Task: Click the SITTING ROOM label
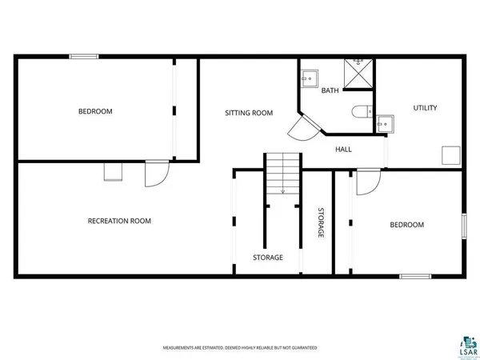coord(249,113)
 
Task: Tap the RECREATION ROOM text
coord(119,221)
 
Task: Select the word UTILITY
coord(425,108)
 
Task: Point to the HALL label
coord(343,150)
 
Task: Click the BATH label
coord(330,91)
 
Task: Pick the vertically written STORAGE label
coord(320,223)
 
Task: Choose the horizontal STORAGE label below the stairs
coord(268,258)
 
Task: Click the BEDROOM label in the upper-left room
coord(95,111)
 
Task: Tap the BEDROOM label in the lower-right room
coord(406,225)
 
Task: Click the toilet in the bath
coord(359,112)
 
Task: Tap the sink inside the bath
coord(309,78)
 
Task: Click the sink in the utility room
coord(385,123)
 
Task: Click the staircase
coord(282,174)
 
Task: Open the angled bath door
coord(302,128)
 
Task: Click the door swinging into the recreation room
coord(156,174)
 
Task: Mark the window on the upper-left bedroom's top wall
coord(83,55)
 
